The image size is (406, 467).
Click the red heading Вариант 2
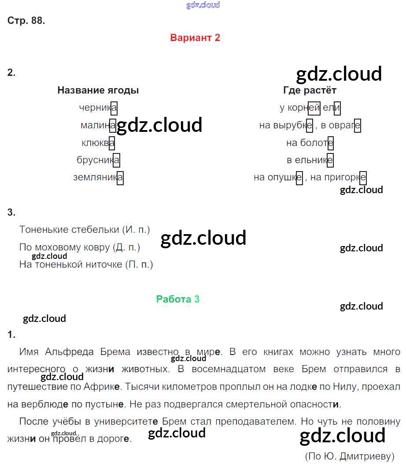[195, 38]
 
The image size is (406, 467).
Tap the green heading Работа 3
[177, 299]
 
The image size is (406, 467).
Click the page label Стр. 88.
[26, 21]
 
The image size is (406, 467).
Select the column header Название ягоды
[98, 90]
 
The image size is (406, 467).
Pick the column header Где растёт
[310, 90]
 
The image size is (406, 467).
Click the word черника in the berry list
[98, 108]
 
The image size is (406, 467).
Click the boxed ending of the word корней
[314, 108]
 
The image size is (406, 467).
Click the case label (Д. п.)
[126, 247]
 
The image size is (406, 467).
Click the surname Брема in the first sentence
[115, 352]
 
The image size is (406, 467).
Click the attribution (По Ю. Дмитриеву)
[349, 456]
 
